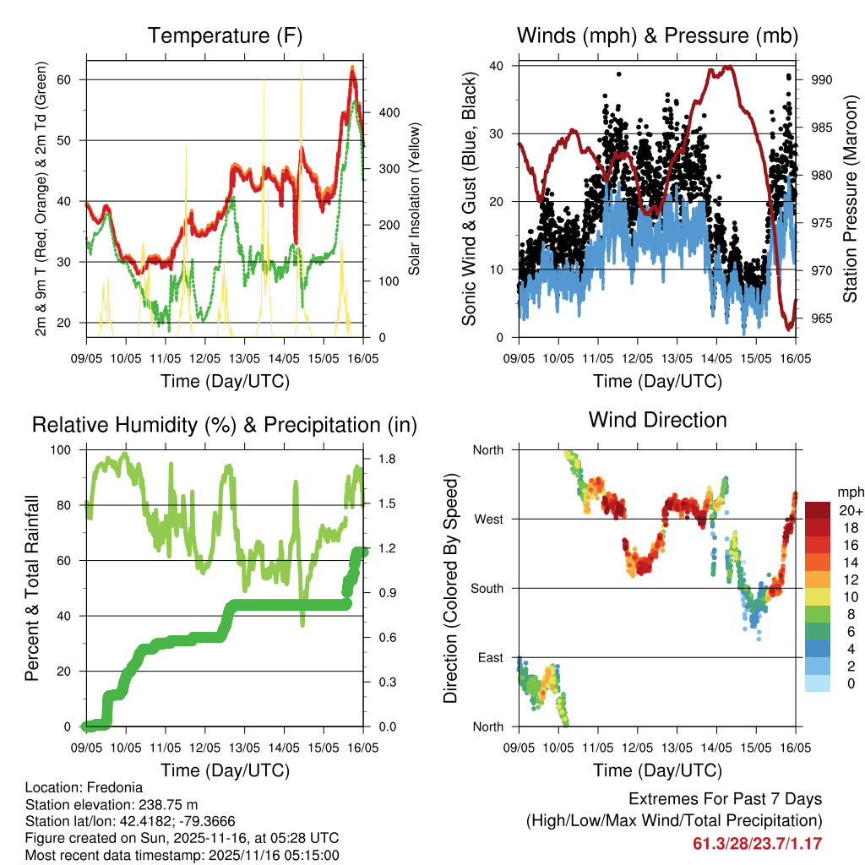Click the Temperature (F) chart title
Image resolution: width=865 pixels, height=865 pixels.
(x=225, y=35)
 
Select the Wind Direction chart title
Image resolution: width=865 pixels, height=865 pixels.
(x=657, y=419)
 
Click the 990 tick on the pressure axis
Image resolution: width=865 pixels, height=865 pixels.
(x=822, y=79)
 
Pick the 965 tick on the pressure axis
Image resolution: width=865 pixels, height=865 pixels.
(x=822, y=318)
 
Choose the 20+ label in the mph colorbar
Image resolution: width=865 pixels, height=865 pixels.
(x=851, y=510)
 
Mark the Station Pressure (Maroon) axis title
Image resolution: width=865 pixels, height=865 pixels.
(x=850, y=198)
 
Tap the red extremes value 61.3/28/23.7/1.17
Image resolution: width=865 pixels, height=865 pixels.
(x=758, y=844)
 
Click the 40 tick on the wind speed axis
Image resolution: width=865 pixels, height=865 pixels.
(x=498, y=66)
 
